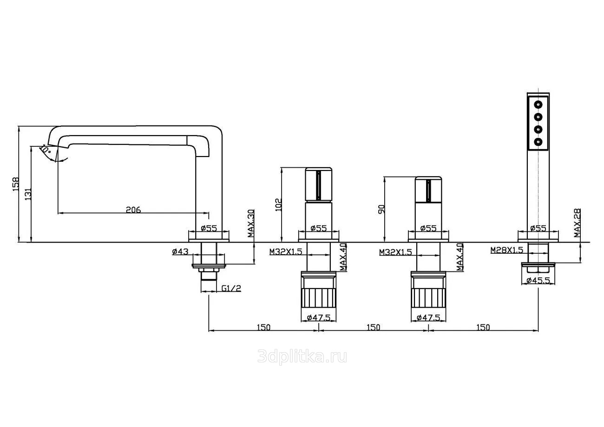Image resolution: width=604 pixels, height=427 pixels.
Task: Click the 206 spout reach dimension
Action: click(x=133, y=210)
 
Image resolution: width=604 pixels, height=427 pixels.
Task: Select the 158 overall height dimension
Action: click(x=16, y=184)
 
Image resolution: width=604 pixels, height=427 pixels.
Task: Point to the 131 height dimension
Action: click(x=28, y=194)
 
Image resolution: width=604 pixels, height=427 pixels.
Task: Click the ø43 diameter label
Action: click(x=180, y=251)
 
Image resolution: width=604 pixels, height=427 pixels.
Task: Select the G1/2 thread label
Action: click(x=231, y=289)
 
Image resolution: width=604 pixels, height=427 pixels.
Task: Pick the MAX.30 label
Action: click(x=251, y=223)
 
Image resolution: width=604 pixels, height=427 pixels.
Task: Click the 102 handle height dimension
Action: click(x=279, y=205)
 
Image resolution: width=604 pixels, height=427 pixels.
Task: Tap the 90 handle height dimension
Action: click(x=381, y=209)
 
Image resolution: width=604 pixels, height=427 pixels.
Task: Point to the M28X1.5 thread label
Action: click(x=506, y=250)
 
